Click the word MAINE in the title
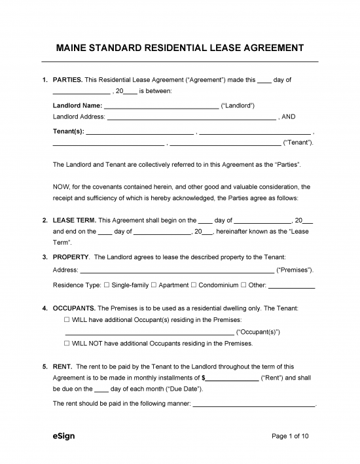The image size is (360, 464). click(x=75, y=48)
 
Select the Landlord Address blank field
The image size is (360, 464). click(x=190, y=117)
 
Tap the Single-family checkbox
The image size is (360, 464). click(x=107, y=285)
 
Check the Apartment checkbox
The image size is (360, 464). click(x=154, y=285)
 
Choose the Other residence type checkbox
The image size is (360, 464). click(x=243, y=285)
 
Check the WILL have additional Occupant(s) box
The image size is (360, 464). click(x=67, y=319)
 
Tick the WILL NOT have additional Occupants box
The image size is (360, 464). click(x=67, y=343)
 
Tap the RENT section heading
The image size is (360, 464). click(x=62, y=366)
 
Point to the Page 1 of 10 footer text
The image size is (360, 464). click(x=294, y=436)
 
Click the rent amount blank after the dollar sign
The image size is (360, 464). click(x=232, y=379)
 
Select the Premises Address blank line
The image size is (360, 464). click(x=177, y=270)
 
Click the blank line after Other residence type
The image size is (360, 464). click(x=292, y=286)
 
